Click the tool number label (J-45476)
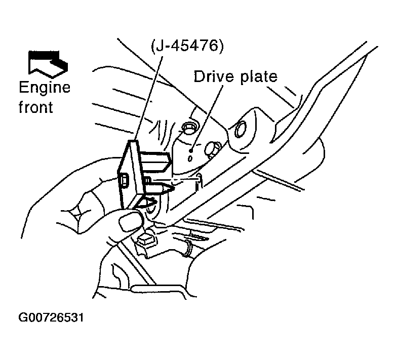pyautogui.click(x=187, y=46)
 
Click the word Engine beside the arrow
pyautogui.click(x=45, y=88)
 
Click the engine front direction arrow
pyautogui.click(x=48, y=64)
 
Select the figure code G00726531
pyautogui.click(x=51, y=317)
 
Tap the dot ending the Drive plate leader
pyautogui.click(x=191, y=151)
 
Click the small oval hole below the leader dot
pyautogui.click(x=190, y=159)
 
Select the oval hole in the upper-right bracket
pyautogui.click(x=240, y=130)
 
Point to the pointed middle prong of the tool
pyautogui.click(x=159, y=188)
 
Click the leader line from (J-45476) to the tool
pyautogui.click(x=149, y=98)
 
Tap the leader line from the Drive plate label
pyautogui.click(x=207, y=117)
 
